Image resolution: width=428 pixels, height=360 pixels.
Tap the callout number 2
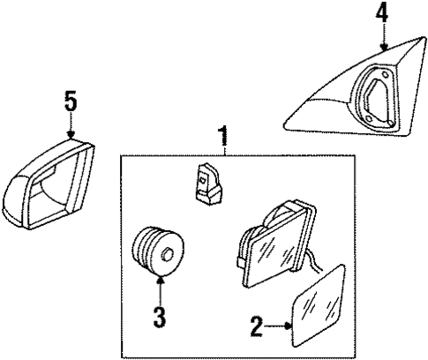pos(255,327)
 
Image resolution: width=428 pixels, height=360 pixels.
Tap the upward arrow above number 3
pos(161,286)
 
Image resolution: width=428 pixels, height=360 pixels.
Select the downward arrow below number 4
pos(383,40)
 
